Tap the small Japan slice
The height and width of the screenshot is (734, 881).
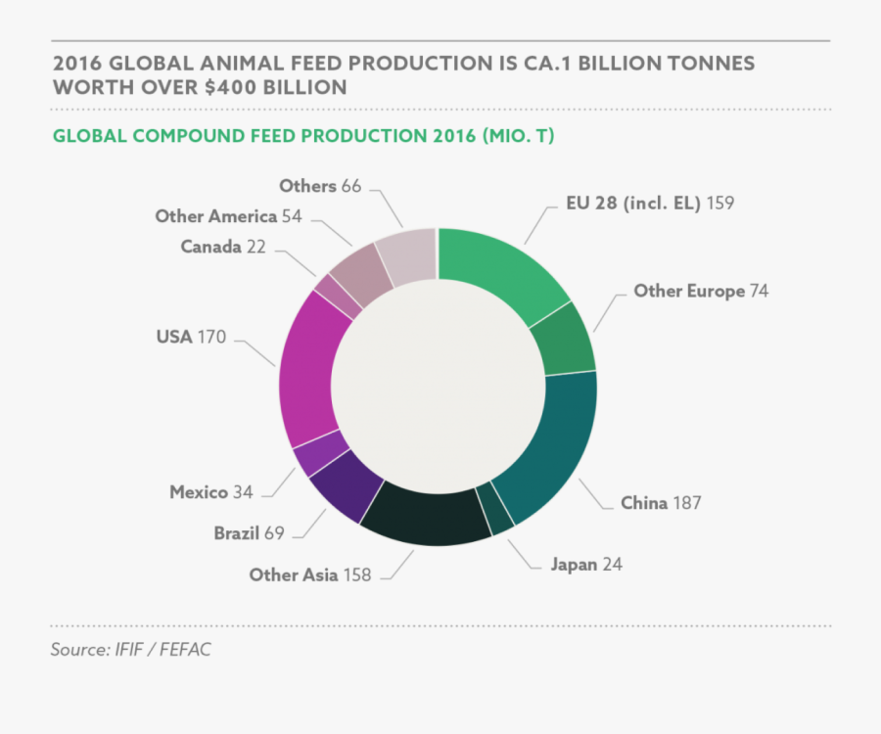pyautogui.click(x=500, y=511)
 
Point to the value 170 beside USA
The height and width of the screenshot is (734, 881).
pyautogui.click(x=211, y=338)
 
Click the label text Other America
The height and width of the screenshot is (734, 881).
pyautogui.click(x=215, y=216)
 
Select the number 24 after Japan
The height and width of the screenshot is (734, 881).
pyautogui.click(x=612, y=564)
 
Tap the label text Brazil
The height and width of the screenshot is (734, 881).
pyautogui.click(x=237, y=533)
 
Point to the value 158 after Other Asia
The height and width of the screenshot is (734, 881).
pyautogui.click(x=357, y=574)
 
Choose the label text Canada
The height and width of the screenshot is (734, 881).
pyautogui.click(x=210, y=247)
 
